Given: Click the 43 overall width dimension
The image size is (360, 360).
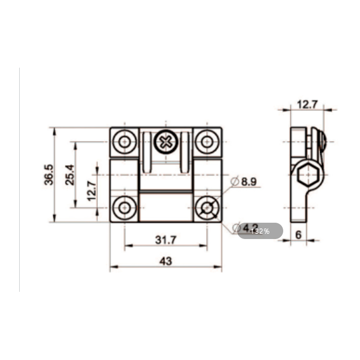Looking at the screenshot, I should (165, 261).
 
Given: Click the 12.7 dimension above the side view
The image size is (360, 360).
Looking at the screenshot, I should (307, 104).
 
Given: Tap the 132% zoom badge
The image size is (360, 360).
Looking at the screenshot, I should (260, 231).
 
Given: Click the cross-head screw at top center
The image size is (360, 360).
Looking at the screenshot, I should (166, 142).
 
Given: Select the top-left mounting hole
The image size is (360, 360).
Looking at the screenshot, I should (125, 142).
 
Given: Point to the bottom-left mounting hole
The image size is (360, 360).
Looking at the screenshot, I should (125, 207).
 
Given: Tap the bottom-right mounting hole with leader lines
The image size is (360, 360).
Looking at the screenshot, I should (207, 207).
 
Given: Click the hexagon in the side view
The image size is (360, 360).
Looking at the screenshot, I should (307, 177).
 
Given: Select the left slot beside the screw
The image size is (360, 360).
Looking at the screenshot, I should (147, 152).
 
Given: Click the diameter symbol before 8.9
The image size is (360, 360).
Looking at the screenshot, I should (235, 181).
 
